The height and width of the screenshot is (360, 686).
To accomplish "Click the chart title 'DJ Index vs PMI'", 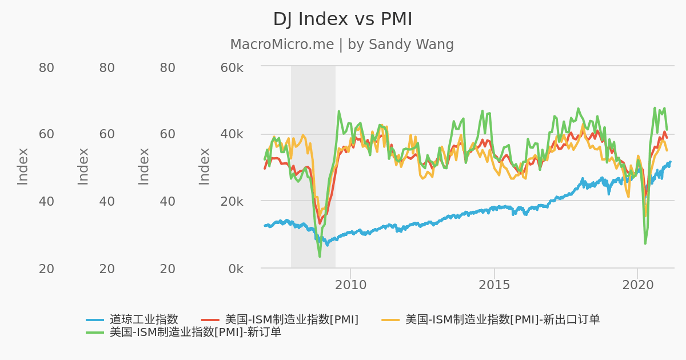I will [342, 19].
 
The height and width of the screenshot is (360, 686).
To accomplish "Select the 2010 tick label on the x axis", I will [350, 285].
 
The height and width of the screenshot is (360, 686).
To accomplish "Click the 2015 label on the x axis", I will [494, 285].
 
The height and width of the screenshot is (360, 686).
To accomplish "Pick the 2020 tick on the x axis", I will [637, 285].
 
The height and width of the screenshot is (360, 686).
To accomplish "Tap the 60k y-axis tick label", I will [232, 68].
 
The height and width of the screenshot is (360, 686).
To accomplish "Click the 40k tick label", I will [232, 134].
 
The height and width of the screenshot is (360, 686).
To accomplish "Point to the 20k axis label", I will [232, 201].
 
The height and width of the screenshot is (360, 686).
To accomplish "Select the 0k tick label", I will [234, 269].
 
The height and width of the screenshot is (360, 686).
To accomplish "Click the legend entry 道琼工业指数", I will [144, 320].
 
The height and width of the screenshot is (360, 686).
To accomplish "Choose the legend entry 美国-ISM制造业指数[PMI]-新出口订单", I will [502, 320].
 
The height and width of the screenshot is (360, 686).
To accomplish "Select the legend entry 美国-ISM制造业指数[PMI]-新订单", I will [196, 332].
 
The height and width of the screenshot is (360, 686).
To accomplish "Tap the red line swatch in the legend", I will [210, 320].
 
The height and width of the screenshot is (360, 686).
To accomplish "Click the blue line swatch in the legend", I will [95, 320].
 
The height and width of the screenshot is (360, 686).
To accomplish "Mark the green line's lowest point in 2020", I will [645, 243].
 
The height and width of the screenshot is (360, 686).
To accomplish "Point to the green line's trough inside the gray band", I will [320, 257].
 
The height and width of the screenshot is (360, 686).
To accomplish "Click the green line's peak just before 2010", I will [338, 111].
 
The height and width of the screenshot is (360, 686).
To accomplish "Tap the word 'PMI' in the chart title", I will [396, 19].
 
